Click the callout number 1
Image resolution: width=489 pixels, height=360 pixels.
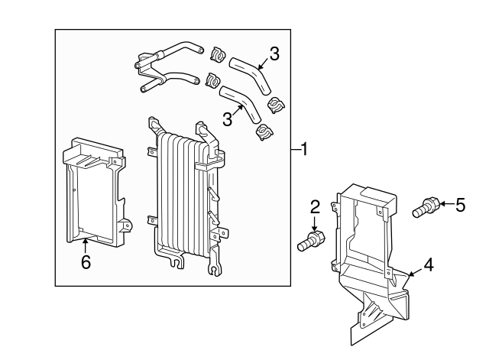[x=304, y=149]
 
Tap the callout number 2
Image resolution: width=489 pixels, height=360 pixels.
[x=315, y=207]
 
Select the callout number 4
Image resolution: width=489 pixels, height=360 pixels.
[x=428, y=265]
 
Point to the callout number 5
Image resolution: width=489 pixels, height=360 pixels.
[x=460, y=205]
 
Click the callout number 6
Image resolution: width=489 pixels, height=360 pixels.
[x=86, y=261]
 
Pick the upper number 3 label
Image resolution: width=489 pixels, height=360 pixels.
[x=274, y=54]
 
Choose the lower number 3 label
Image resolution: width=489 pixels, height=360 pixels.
[x=228, y=119]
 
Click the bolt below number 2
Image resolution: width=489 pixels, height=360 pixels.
[x=311, y=241]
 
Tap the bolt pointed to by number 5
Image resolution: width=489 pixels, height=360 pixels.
[x=426, y=207]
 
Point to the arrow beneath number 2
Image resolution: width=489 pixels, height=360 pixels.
[x=314, y=224]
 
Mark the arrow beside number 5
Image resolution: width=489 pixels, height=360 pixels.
[x=446, y=204]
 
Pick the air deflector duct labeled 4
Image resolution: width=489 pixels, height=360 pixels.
[x=371, y=262]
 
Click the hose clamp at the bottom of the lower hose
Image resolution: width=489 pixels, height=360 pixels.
[x=264, y=131]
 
